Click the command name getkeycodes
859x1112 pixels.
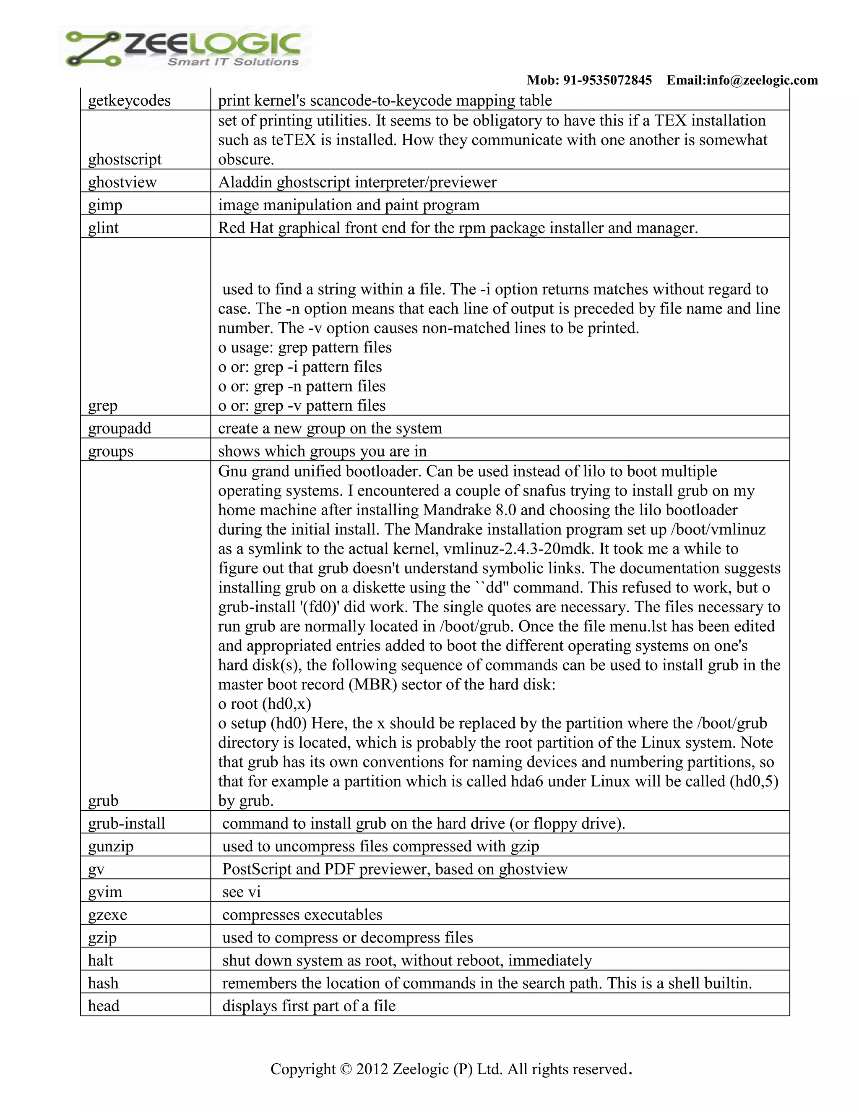click(129, 100)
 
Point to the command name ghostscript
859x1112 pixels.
click(125, 159)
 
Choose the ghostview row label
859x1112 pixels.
click(122, 182)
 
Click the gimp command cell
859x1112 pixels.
click(105, 205)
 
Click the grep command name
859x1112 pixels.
click(102, 406)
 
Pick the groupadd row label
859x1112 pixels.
click(120, 428)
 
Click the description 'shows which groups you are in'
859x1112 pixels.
click(322, 451)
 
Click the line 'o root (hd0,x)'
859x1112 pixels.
click(265, 704)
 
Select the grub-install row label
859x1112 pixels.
click(127, 823)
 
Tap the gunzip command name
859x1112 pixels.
click(110, 846)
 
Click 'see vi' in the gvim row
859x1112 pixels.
click(241, 892)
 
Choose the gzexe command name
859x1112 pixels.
click(107, 914)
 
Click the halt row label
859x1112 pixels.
click(100, 960)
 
